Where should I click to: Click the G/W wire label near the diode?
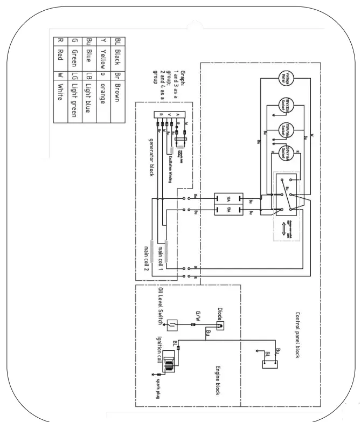pyautogui.click(x=198, y=317)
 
